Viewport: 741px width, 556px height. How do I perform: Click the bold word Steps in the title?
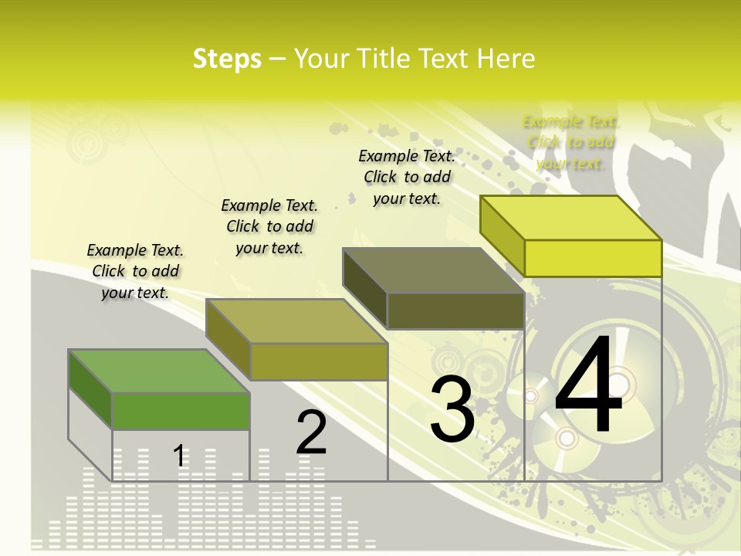(x=227, y=59)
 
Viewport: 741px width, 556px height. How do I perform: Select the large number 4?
(x=589, y=387)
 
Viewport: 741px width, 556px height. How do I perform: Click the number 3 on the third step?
(x=452, y=409)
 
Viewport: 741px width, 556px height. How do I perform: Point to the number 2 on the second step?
(x=312, y=432)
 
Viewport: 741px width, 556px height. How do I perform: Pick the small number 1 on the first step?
(x=179, y=456)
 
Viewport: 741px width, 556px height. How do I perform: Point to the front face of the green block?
(x=181, y=411)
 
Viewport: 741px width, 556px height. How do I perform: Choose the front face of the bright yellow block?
(x=593, y=258)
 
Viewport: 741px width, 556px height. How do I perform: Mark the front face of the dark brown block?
(x=455, y=311)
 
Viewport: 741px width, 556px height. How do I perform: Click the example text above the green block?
(x=135, y=271)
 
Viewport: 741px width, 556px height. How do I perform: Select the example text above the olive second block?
(x=269, y=226)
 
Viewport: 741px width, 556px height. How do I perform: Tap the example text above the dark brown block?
(x=407, y=177)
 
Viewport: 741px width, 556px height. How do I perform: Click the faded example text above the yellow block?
(x=570, y=142)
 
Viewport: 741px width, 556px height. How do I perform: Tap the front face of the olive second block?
(x=319, y=361)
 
